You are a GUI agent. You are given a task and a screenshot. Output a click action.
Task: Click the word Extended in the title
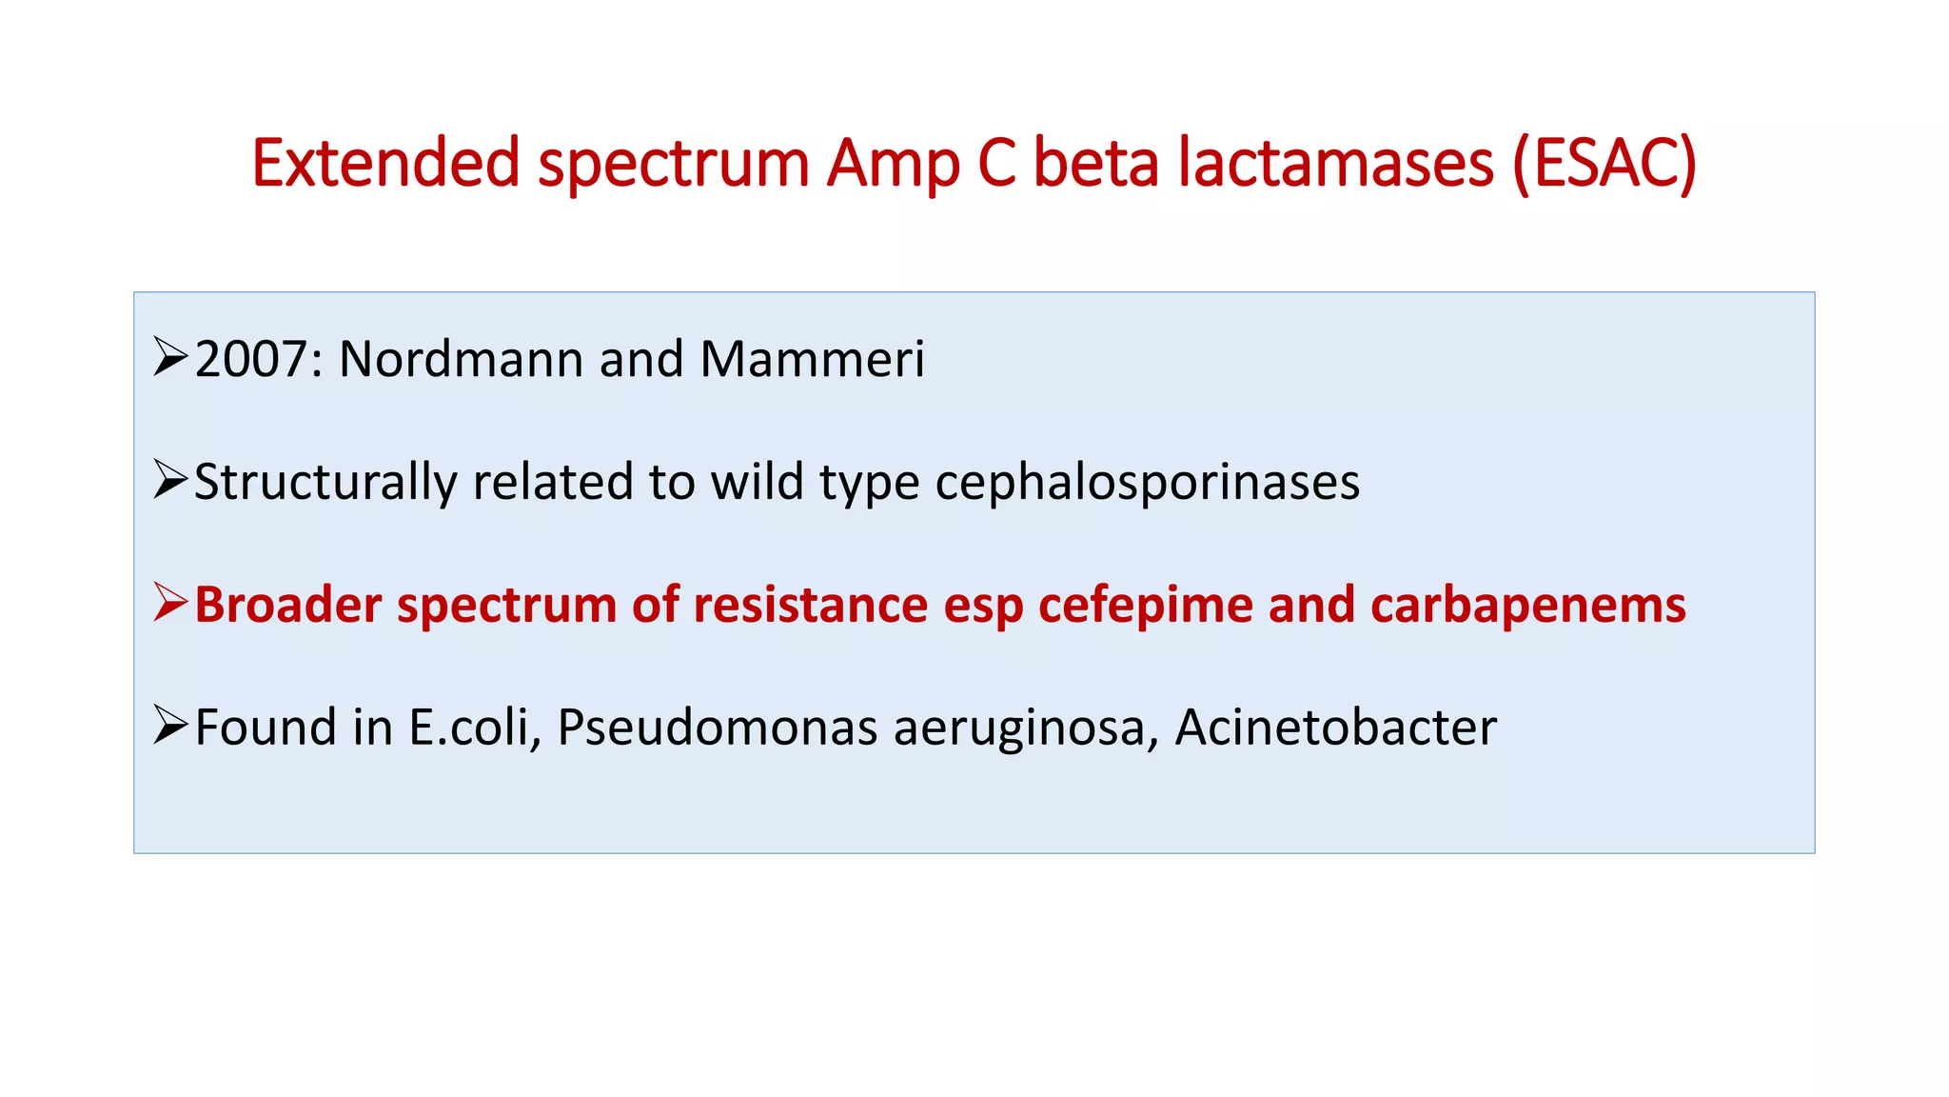click(385, 163)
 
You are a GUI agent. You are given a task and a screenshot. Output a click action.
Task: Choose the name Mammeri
click(812, 360)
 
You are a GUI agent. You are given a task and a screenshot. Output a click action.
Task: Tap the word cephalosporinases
click(1147, 483)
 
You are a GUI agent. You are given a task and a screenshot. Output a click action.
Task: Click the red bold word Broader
click(287, 605)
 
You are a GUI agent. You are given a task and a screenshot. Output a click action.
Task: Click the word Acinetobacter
click(1335, 728)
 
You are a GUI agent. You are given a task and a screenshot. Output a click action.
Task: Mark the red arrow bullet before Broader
click(170, 603)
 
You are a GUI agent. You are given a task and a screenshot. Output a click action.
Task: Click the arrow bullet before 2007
click(170, 358)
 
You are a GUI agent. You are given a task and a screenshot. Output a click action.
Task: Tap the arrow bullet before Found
click(170, 726)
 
